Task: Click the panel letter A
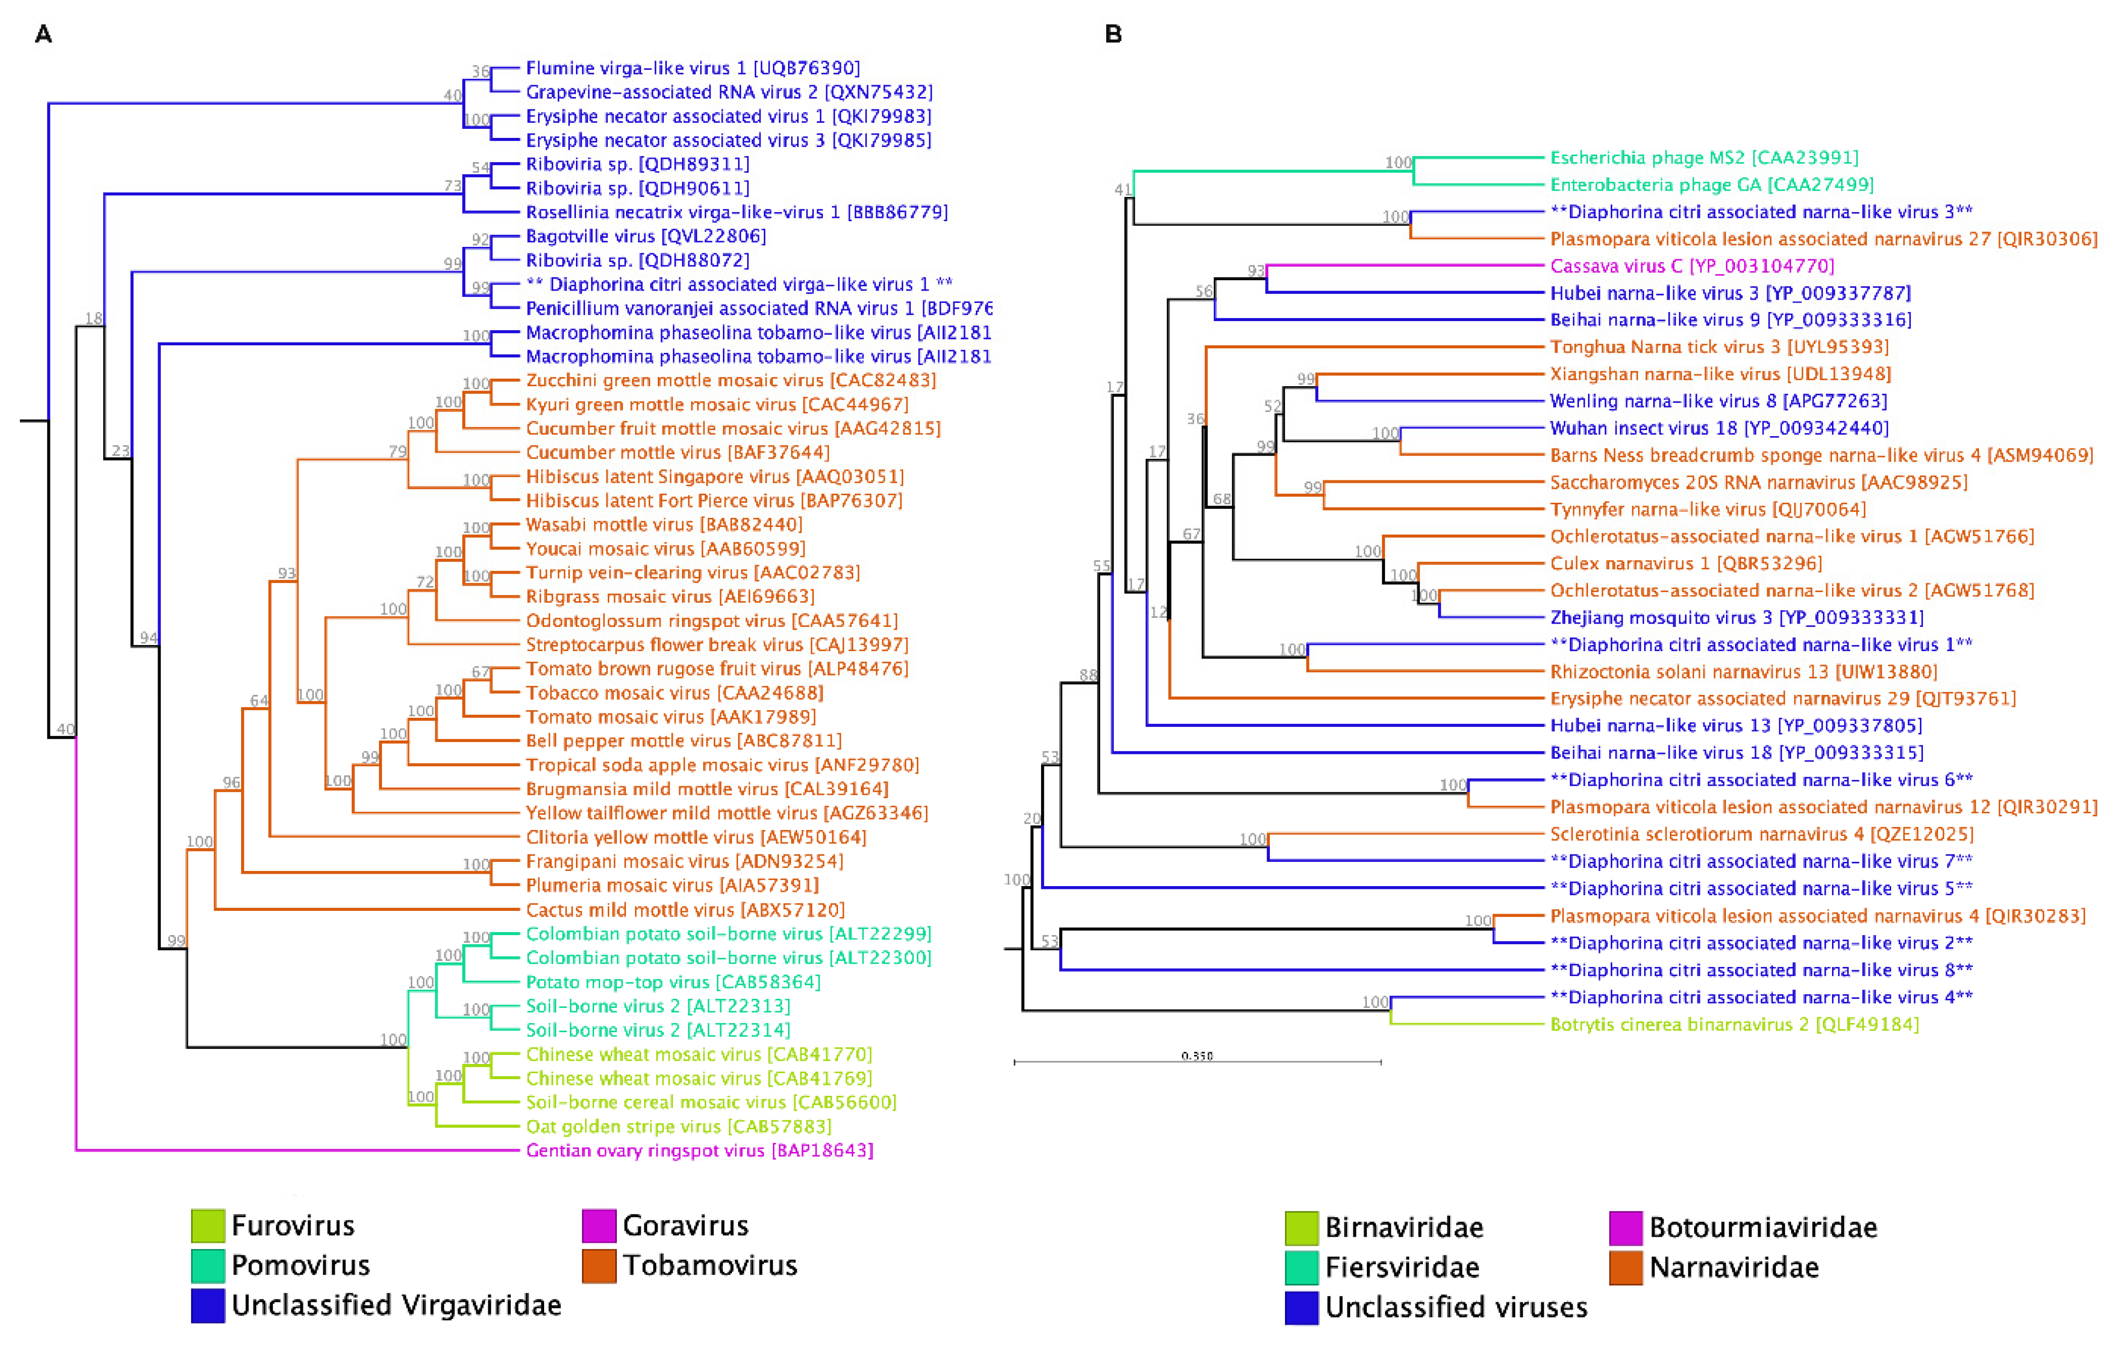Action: point(43,34)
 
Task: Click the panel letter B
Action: point(1113,34)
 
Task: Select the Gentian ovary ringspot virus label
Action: point(699,1150)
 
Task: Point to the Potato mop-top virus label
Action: point(673,981)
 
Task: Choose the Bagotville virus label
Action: point(645,235)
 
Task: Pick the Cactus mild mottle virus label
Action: point(685,909)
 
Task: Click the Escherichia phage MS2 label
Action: point(1704,157)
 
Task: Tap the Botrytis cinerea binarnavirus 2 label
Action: point(1734,1024)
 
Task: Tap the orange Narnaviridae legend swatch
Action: point(1626,1267)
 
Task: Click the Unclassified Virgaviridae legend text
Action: point(396,1305)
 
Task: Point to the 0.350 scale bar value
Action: point(1197,1055)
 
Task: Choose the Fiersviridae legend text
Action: point(1402,1267)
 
